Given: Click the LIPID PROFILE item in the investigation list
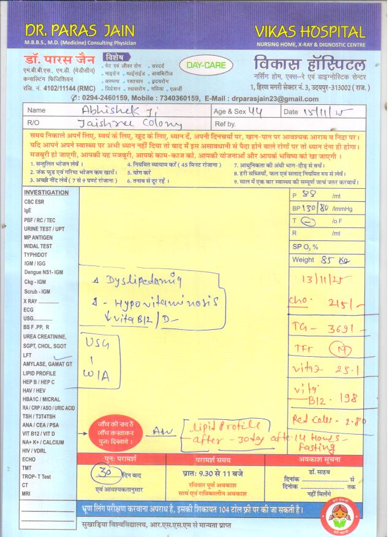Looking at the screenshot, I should [x=40, y=373].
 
